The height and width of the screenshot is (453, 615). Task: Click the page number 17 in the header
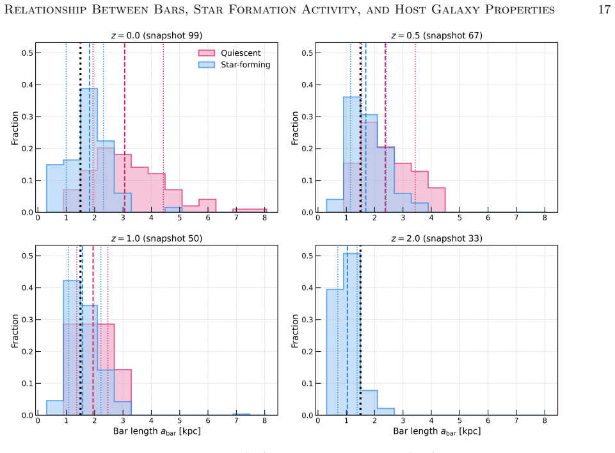(604, 9)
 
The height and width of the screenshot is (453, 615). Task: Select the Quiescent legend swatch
(206, 53)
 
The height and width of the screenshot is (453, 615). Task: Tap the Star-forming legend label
(246, 65)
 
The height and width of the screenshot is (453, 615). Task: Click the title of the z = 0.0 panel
(157, 35)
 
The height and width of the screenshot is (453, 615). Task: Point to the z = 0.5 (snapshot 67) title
(436, 35)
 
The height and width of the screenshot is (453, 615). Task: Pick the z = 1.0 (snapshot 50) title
(157, 238)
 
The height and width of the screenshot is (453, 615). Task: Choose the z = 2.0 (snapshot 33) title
(436, 238)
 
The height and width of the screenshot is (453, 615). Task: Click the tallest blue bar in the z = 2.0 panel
(352, 334)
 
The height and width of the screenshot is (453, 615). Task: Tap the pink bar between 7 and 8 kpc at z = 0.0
(250, 211)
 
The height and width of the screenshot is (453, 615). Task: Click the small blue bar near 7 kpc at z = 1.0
(241, 415)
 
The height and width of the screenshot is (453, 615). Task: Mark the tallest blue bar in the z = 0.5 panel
(352, 154)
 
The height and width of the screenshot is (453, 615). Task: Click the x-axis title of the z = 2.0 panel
(436, 431)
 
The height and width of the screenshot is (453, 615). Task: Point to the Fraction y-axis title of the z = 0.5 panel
(294, 128)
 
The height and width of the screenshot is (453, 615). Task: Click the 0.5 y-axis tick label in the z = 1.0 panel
(28, 256)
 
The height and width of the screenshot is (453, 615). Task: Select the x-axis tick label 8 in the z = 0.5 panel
(545, 217)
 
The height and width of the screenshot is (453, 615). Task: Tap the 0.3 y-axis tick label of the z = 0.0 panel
(28, 117)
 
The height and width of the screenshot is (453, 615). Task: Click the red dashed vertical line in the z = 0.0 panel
(125, 128)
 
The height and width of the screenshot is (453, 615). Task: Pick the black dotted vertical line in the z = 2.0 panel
(360, 331)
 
